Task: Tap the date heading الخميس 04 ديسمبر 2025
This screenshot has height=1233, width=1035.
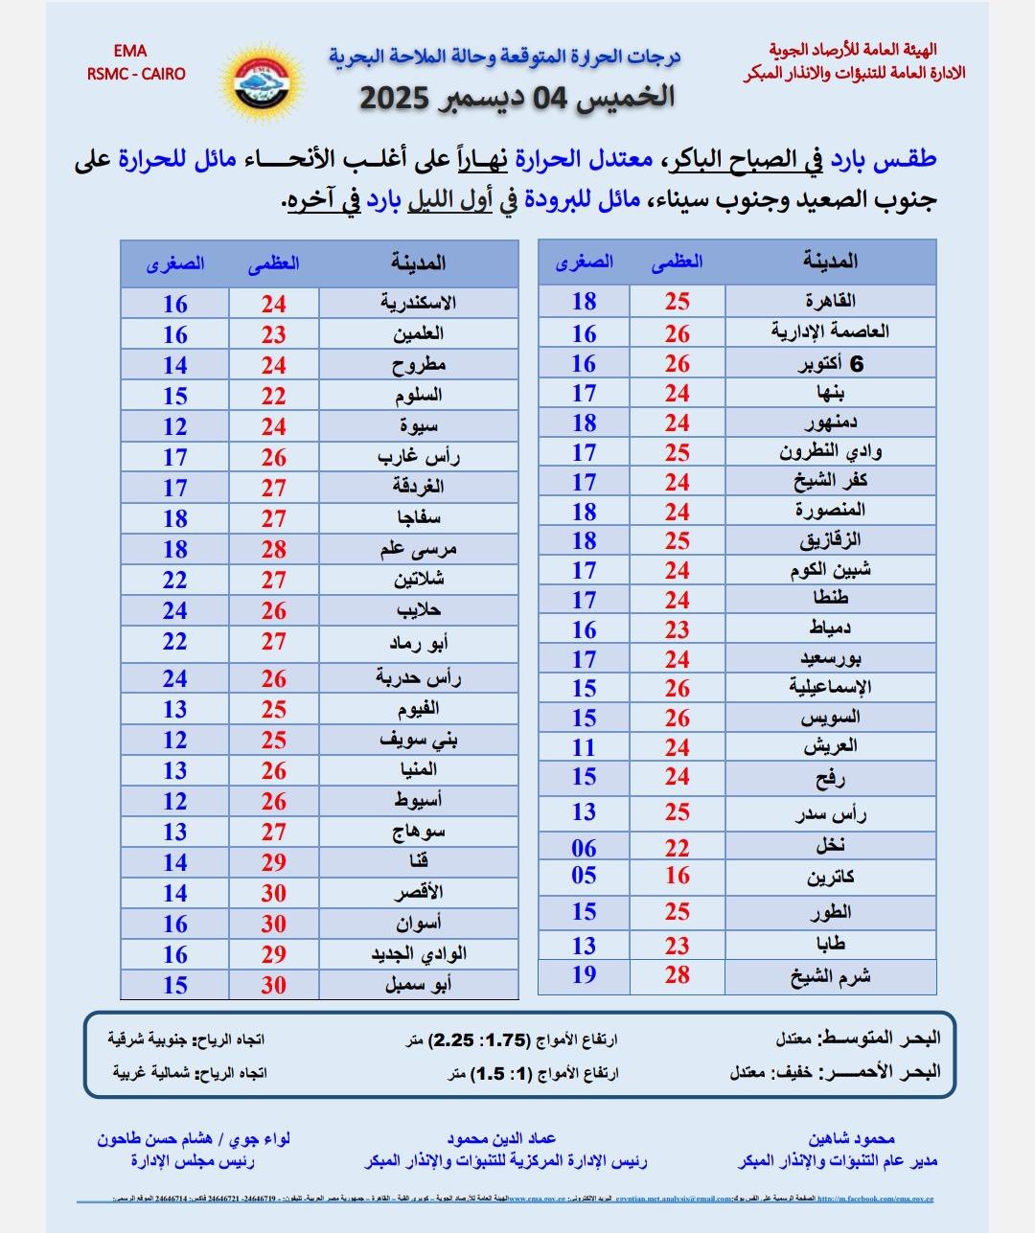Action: pos(517,98)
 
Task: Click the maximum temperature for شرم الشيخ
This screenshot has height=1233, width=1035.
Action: pos(678,975)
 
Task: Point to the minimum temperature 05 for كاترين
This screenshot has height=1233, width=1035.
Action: pos(584,876)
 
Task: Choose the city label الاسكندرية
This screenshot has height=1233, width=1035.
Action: pos(418,303)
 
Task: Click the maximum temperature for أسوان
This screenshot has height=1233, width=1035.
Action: pos(274,924)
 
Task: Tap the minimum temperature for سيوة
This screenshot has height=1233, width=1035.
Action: pos(174,426)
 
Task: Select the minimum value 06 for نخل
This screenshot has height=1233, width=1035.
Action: pos(584,848)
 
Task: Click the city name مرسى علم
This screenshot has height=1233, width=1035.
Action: pos(418,549)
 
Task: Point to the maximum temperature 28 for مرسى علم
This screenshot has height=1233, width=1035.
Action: pos(274,549)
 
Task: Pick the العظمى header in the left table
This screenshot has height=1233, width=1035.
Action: pos(274,263)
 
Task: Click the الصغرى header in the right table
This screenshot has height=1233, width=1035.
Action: pos(584,262)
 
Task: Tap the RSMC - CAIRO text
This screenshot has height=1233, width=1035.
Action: pos(136,74)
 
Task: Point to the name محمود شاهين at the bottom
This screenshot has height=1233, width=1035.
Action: pos(851,1138)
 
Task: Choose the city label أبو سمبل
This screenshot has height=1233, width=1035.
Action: pos(418,984)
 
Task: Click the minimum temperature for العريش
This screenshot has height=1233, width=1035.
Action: pos(584,747)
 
